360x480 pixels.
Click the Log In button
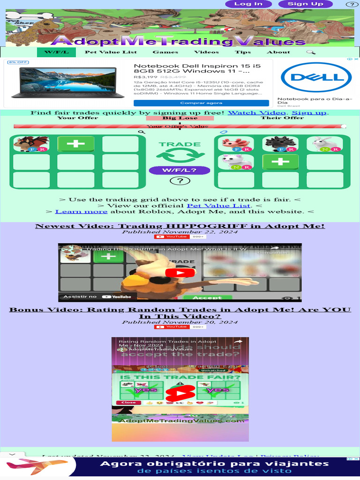coord(248,4)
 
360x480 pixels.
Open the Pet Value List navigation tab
coord(111,52)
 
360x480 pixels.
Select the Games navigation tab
coord(165,52)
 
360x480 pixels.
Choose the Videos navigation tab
coord(206,52)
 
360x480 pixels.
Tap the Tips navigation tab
coord(243,52)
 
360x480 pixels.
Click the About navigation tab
coord(278,52)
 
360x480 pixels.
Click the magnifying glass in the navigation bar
coord(311,52)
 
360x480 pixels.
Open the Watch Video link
coord(256,112)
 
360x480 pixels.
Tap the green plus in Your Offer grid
coord(76,144)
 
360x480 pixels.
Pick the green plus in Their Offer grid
coord(280,162)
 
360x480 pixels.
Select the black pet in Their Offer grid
coord(280,144)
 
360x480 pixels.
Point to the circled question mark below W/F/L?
coord(180,181)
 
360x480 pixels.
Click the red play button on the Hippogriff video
coord(180,273)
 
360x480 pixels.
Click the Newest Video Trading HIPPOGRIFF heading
coord(180,226)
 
